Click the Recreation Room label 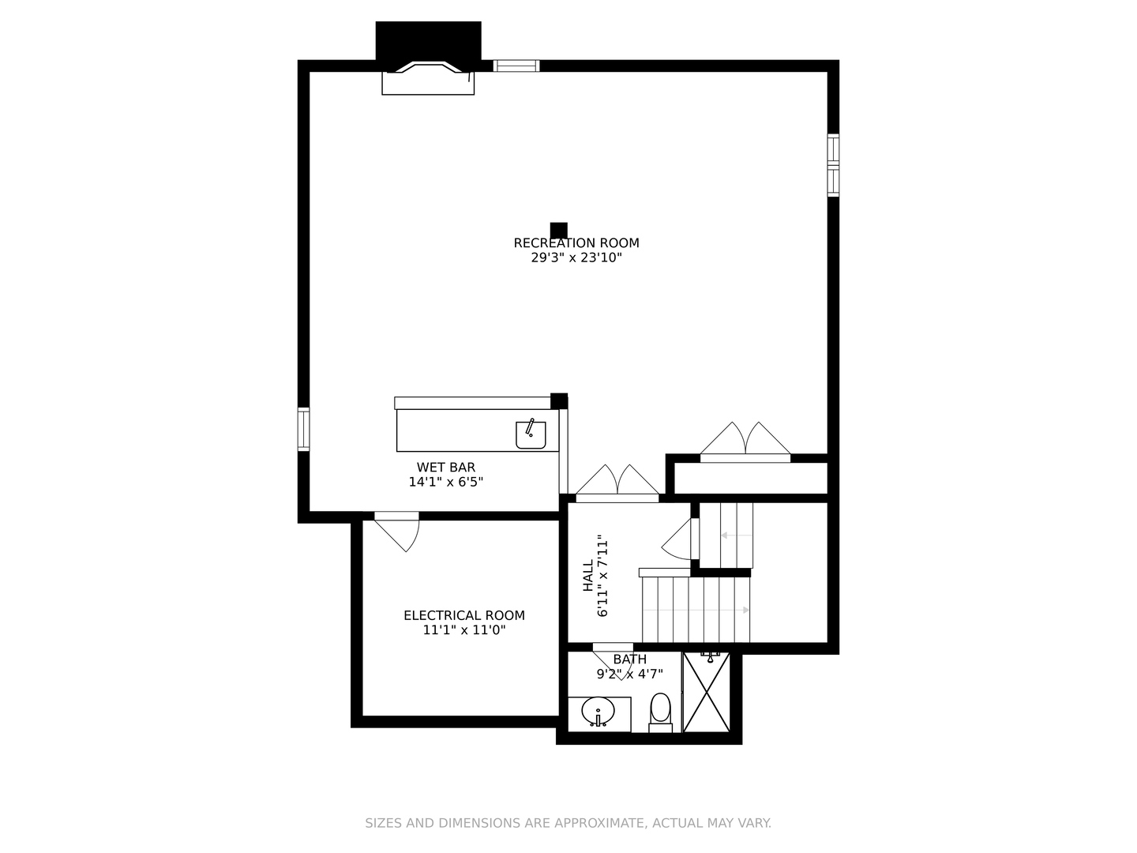(x=576, y=243)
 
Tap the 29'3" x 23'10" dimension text (x=576, y=257)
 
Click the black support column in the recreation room (x=558, y=230)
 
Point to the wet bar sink (x=531, y=434)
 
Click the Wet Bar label (x=446, y=468)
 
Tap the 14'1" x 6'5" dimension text (x=445, y=482)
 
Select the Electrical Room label (x=463, y=615)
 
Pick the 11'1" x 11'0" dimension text (x=463, y=630)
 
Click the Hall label (x=588, y=576)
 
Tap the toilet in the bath (x=660, y=710)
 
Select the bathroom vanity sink (x=599, y=712)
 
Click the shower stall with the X (x=707, y=693)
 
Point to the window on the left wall (x=303, y=429)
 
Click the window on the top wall (x=516, y=66)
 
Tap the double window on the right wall (x=833, y=165)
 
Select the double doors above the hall (x=617, y=483)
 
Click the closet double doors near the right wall (x=745, y=442)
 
